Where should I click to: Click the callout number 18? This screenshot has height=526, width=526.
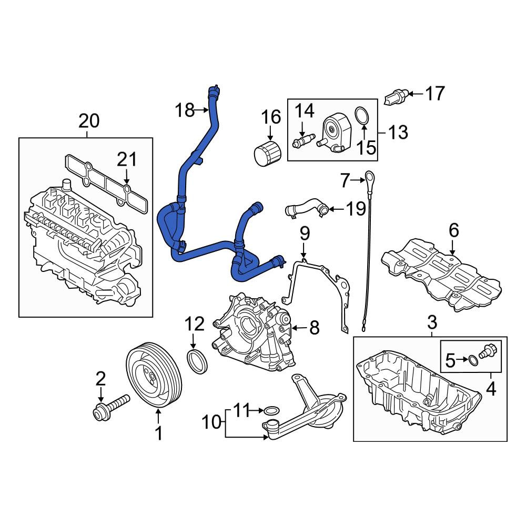pyautogui.click(x=185, y=110)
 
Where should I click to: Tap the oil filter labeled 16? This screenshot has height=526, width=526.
pyautogui.click(x=267, y=154)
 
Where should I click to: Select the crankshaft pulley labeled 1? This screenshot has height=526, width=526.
pyautogui.click(x=154, y=375)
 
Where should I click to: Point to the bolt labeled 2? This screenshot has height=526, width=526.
pyautogui.click(x=110, y=408)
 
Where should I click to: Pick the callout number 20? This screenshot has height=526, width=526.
pyautogui.click(x=89, y=121)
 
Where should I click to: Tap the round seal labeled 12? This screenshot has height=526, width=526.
pyautogui.click(x=197, y=361)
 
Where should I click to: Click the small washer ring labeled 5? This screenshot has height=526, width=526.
pyautogui.click(x=473, y=360)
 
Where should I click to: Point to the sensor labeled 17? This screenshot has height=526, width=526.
pyautogui.click(x=396, y=97)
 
